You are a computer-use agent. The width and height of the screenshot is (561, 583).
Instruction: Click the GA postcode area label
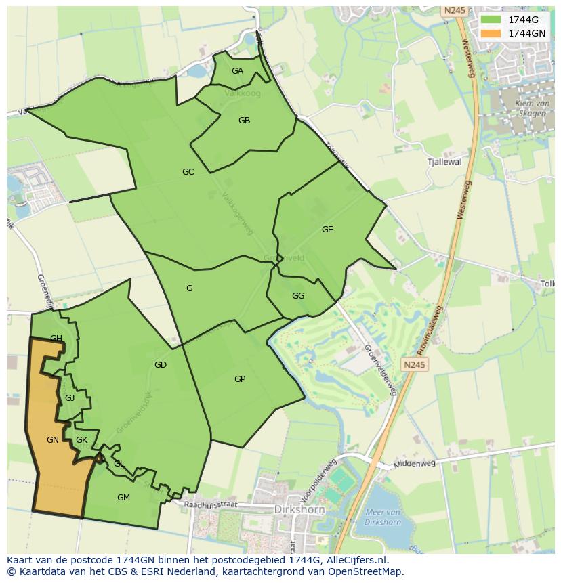click(x=237, y=71)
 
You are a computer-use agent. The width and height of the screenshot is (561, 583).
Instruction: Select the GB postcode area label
click(x=245, y=121)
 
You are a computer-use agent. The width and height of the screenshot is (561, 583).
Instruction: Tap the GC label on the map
click(x=188, y=172)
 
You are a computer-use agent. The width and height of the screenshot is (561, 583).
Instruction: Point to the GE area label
click(x=327, y=230)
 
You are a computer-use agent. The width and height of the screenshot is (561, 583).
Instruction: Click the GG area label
click(x=298, y=296)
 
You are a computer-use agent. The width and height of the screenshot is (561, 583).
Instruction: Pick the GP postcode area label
click(x=240, y=379)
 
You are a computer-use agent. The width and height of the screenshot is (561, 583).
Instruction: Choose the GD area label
click(x=161, y=365)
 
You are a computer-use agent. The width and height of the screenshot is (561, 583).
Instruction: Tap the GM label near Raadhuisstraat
click(x=123, y=498)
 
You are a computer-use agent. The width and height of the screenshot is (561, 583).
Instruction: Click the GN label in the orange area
click(x=53, y=440)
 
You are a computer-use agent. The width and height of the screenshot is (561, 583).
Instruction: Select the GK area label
click(x=82, y=440)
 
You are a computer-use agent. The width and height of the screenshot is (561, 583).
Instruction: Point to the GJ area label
click(x=70, y=398)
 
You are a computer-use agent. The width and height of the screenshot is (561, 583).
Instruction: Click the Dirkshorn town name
click(x=299, y=509)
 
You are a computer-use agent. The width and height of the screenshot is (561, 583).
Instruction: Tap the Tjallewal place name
click(x=444, y=163)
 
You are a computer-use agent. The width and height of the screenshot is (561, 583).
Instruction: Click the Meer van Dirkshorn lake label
click(x=383, y=517)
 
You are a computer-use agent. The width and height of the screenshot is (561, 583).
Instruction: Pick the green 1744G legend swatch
click(x=491, y=20)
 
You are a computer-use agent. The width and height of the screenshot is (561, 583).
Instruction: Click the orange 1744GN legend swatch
click(x=491, y=33)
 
